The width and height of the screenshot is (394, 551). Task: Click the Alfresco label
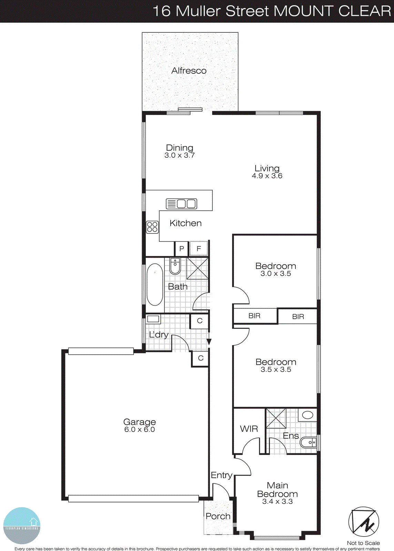pyautogui.click(x=189, y=71)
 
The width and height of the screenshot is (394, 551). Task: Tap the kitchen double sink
pyautogui.click(x=181, y=204)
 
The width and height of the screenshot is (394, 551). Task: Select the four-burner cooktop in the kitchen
pyautogui.click(x=152, y=227)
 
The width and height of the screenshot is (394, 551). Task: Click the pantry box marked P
pyautogui.click(x=182, y=249)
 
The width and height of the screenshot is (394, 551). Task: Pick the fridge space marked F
pyautogui.click(x=199, y=248)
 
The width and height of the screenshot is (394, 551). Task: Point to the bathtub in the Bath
pyautogui.click(x=155, y=284)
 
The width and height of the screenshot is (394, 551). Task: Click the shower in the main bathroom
pyautogui.click(x=198, y=268)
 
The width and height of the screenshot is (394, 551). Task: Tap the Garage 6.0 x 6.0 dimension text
pyautogui.click(x=140, y=430)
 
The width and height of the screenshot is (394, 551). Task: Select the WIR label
pyautogui.click(x=249, y=429)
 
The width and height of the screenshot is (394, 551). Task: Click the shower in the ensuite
pyautogui.click(x=276, y=418)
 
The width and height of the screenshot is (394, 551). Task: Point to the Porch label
pyautogui.click(x=218, y=516)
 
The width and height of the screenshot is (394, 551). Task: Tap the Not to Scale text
pyautogui.click(x=363, y=543)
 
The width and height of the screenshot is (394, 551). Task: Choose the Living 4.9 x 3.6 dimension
pyautogui.click(x=267, y=176)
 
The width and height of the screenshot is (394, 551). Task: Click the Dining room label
pyautogui.click(x=180, y=148)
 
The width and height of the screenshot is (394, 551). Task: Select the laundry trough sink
pyautogui.click(x=153, y=319)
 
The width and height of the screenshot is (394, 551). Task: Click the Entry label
pyautogui.click(x=221, y=475)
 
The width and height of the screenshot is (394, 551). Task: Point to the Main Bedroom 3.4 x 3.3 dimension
pyautogui.click(x=277, y=502)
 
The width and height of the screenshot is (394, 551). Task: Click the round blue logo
pyautogui.click(x=22, y=526)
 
